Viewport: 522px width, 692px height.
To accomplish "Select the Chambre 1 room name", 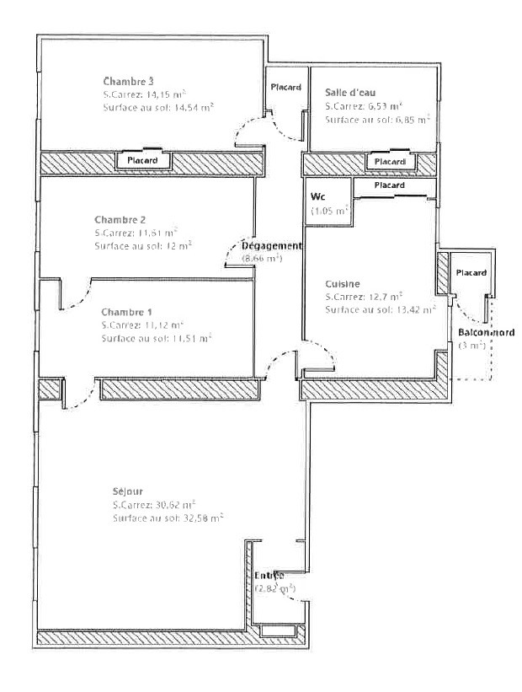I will [122, 312].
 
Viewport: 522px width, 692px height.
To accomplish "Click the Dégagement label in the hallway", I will [271, 245].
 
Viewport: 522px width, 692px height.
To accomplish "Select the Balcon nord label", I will [487, 333].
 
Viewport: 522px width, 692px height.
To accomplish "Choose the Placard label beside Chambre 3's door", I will [285, 87].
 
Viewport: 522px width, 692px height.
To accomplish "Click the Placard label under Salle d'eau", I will [389, 161].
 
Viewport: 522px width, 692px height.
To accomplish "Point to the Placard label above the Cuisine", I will [388, 185].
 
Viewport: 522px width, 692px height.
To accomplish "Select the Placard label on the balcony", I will [470, 273].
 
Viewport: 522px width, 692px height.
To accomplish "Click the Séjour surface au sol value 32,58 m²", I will [195, 518].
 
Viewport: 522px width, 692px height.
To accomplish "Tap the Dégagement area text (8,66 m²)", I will [262, 258].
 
